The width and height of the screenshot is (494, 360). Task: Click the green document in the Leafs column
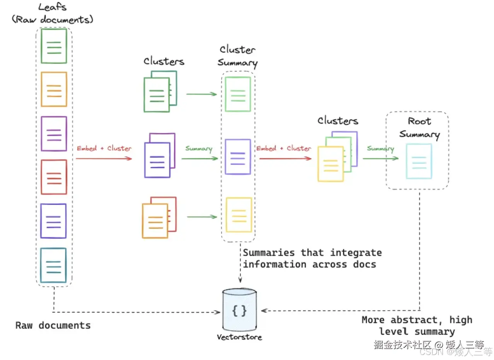pyautogui.click(x=54, y=46)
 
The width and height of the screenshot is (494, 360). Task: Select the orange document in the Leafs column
pyautogui.click(x=54, y=89)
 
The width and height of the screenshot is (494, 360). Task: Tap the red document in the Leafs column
pyautogui.click(x=54, y=177)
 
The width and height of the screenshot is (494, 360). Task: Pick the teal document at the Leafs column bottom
pyautogui.click(x=54, y=265)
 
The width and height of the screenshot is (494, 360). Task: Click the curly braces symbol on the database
pyautogui.click(x=240, y=311)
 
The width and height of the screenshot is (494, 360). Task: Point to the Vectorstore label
pyautogui.click(x=239, y=337)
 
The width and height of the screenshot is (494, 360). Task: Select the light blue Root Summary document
pyautogui.click(x=419, y=161)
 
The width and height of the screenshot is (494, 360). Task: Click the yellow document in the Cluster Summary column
pyautogui.click(x=239, y=215)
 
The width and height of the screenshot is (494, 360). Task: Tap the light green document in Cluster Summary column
pyautogui.click(x=238, y=94)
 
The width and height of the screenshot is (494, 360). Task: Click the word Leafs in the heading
pyautogui.click(x=53, y=7)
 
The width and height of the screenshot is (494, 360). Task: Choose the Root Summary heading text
pyautogui.click(x=419, y=128)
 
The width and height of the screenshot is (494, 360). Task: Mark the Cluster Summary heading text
pyautogui.click(x=238, y=56)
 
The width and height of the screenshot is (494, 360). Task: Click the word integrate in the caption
pyautogui.click(x=356, y=253)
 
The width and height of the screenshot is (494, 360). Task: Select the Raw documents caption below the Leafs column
pyautogui.click(x=53, y=325)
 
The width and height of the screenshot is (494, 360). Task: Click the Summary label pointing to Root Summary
pyautogui.click(x=380, y=149)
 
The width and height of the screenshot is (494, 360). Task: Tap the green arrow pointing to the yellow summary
pyautogui.click(x=202, y=217)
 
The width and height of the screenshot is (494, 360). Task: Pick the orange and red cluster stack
pyautogui.click(x=159, y=217)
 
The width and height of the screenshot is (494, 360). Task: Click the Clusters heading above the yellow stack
pyautogui.click(x=338, y=121)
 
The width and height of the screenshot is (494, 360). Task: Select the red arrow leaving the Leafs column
pyautogui.click(x=104, y=158)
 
